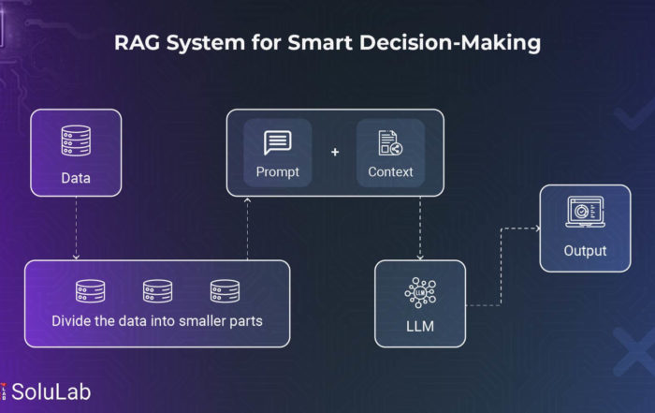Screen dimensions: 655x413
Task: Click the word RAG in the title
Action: (x=137, y=43)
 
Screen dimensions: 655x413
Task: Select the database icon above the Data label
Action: (x=76, y=140)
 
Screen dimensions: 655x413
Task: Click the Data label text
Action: (x=76, y=178)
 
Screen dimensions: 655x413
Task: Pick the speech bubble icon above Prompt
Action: (x=277, y=142)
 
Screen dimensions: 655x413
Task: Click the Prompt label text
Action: (x=277, y=172)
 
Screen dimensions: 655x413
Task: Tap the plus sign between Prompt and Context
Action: (x=335, y=152)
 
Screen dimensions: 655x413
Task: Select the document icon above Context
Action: (x=390, y=143)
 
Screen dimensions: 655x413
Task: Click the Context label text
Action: (x=390, y=171)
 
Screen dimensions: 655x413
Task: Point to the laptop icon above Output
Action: (x=585, y=212)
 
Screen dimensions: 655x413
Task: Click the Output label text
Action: (x=585, y=251)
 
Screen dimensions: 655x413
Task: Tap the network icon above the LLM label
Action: (x=420, y=292)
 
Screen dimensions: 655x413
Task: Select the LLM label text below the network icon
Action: (x=420, y=326)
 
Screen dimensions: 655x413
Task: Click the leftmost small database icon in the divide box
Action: (x=90, y=291)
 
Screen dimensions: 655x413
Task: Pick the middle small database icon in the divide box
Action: (x=157, y=291)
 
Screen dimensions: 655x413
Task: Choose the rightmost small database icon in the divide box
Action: (x=225, y=291)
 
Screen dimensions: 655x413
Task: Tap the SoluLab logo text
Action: (x=51, y=392)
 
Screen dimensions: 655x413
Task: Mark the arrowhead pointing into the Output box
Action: (x=538, y=229)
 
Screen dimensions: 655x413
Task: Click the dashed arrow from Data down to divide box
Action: (x=76, y=229)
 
